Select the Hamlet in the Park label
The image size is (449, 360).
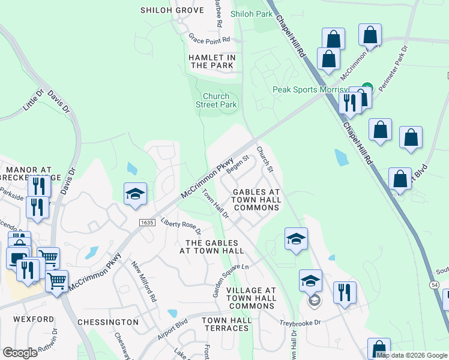click(x=211, y=61)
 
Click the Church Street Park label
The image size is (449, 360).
click(x=216, y=100)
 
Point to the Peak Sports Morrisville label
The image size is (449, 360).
click(x=311, y=89)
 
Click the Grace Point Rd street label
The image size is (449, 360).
click(x=209, y=39)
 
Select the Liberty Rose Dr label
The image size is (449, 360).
click(x=179, y=225)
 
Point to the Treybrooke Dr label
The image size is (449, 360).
click(x=301, y=323)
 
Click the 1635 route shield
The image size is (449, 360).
click(x=147, y=222)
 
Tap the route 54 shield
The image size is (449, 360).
click(x=435, y=283)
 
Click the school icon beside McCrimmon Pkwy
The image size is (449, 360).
click(x=136, y=194)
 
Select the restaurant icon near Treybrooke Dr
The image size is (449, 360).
click(x=345, y=293)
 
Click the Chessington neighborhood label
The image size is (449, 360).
click(x=108, y=322)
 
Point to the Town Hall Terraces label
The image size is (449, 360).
click(x=226, y=324)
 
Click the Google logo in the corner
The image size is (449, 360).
click(x=20, y=353)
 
